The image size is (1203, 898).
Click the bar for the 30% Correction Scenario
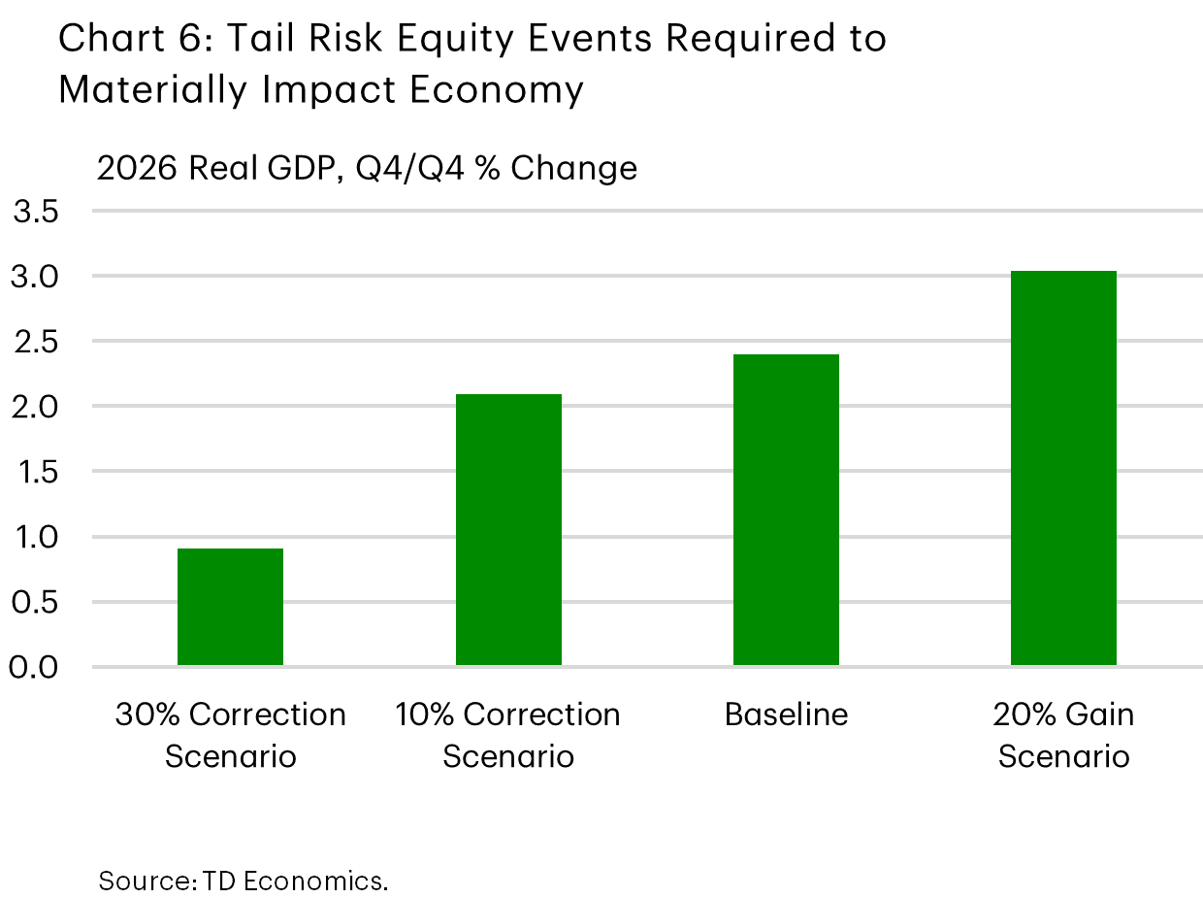(x=230, y=607)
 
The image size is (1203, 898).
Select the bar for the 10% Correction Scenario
(x=508, y=530)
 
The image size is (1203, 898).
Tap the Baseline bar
(x=786, y=510)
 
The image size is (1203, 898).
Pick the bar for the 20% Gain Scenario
(x=1063, y=468)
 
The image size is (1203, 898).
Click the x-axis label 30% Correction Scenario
(x=230, y=735)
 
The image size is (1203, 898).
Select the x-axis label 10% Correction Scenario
(x=508, y=735)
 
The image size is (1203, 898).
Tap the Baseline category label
(x=786, y=715)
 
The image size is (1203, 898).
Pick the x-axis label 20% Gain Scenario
(x=1063, y=735)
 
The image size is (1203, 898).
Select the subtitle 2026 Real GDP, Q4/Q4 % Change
(x=367, y=168)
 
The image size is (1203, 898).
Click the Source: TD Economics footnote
(x=243, y=881)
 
